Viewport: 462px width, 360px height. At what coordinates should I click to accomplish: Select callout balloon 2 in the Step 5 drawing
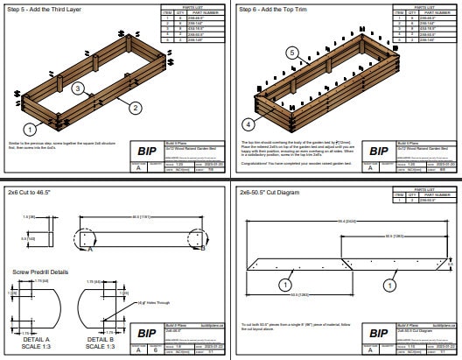click(x=136, y=109)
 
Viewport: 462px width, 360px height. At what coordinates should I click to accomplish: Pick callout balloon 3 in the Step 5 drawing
click(x=78, y=89)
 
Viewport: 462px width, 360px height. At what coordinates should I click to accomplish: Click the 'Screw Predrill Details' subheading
click(x=40, y=272)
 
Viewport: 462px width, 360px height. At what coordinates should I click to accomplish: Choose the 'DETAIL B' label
click(x=100, y=338)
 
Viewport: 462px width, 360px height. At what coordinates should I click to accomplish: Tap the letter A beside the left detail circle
click(x=89, y=249)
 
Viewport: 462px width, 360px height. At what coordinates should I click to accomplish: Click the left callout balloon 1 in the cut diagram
click(x=285, y=285)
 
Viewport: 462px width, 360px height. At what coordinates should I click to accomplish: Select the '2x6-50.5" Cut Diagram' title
click(x=276, y=191)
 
